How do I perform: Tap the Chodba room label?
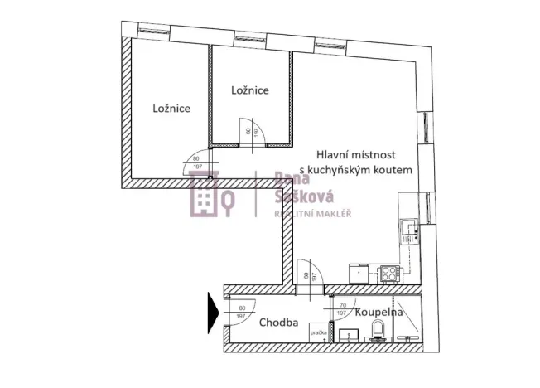[x=278, y=323]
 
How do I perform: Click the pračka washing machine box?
[x=319, y=333]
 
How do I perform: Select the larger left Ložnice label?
[x=172, y=108]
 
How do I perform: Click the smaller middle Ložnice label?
[x=249, y=90]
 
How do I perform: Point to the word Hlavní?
[x=336, y=155]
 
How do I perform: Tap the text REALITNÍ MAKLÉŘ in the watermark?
[x=312, y=214]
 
